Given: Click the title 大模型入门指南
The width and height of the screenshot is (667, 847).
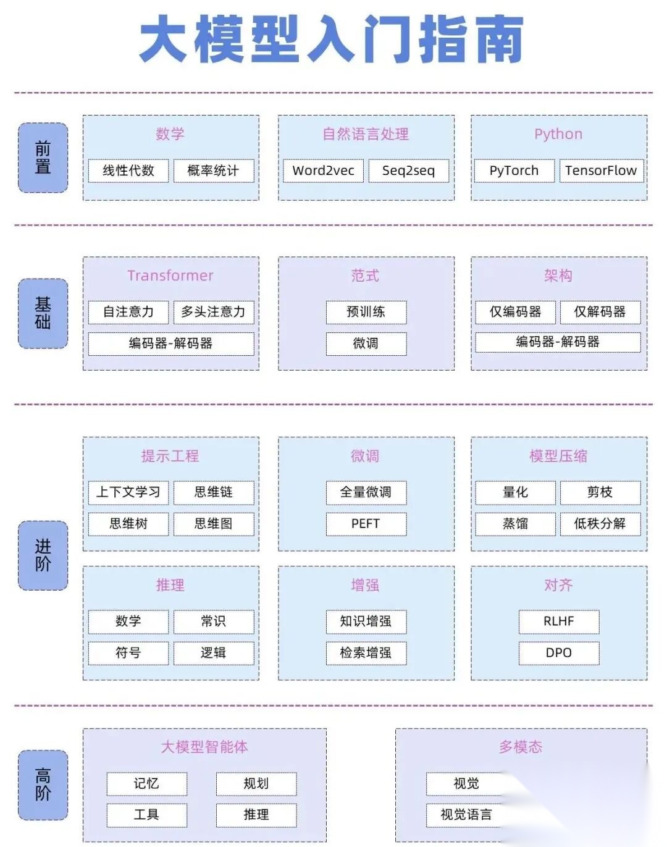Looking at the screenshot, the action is (x=332, y=40).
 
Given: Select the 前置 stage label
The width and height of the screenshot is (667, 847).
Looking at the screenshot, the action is (x=43, y=158).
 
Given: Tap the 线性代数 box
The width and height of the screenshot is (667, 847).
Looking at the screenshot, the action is (x=128, y=171).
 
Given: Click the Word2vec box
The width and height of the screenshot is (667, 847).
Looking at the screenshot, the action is (x=323, y=171).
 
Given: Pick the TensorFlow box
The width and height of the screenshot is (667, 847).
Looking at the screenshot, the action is (x=600, y=171).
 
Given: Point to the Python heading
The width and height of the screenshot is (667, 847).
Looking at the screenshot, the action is (x=558, y=134).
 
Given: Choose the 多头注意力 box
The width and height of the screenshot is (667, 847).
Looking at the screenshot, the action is (x=213, y=312).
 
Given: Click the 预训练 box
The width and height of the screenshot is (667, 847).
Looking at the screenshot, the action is (x=366, y=312).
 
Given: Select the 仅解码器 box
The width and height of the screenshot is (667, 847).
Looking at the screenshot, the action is (x=600, y=312).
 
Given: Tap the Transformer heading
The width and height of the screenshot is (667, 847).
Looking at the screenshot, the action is (x=170, y=276).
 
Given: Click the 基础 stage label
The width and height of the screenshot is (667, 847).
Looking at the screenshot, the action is (x=43, y=313).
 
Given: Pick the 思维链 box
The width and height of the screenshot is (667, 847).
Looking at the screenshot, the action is (x=213, y=492).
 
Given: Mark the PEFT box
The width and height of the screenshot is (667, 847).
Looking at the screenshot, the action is (x=366, y=523).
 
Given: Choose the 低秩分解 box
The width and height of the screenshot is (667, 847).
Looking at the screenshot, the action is (x=600, y=523).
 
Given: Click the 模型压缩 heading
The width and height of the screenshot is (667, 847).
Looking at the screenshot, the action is (x=558, y=456).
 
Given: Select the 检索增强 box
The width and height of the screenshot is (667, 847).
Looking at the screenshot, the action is (x=366, y=652).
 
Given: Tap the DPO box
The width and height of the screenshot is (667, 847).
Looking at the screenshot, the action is (x=558, y=652).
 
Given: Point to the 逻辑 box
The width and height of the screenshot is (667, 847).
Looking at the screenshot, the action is (x=213, y=652).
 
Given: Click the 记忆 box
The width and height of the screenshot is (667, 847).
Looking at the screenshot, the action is (x=146, y=783).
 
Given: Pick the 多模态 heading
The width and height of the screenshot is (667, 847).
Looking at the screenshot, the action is (x=521, y=747).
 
